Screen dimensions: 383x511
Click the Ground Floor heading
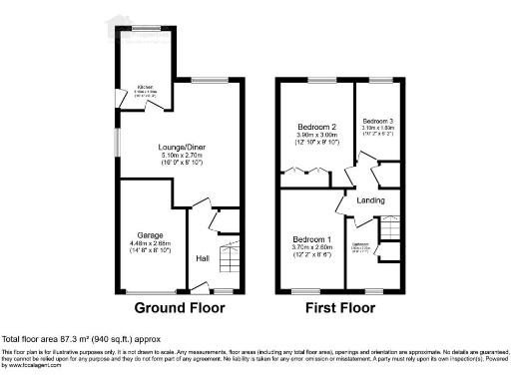point(178,308)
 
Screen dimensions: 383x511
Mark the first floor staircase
point(391,231)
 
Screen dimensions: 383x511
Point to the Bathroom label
point(359,244)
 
